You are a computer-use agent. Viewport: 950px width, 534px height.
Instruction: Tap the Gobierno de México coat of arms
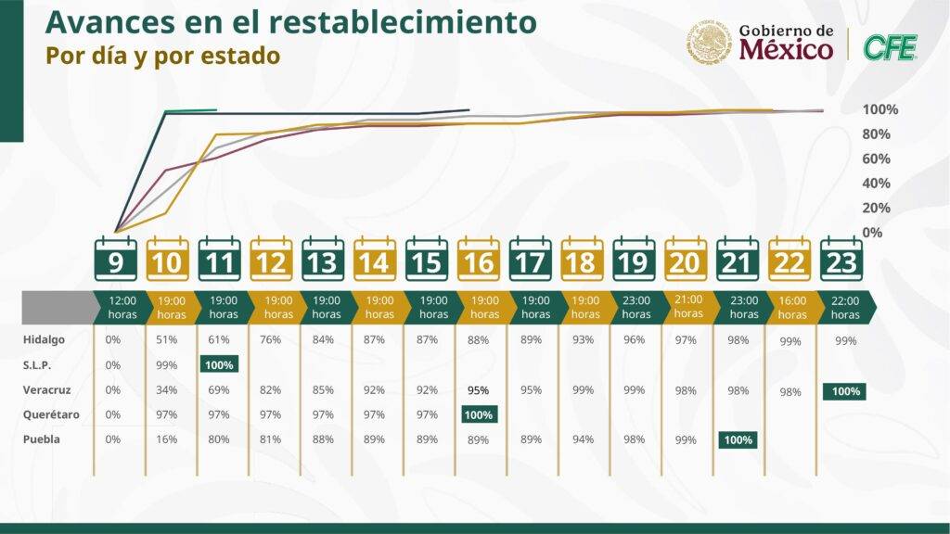coord(711,44)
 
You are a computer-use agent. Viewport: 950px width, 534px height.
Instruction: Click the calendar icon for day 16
coord(479,260)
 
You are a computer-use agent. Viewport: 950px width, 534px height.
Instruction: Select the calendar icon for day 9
coord(116,260)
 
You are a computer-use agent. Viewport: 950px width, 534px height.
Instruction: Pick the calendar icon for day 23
coord(841,260)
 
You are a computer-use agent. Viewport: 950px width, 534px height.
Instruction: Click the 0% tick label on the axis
coord(872,232)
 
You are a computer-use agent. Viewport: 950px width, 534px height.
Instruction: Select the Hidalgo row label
coord(44,340)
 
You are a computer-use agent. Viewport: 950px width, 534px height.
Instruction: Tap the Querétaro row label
coord(49,414)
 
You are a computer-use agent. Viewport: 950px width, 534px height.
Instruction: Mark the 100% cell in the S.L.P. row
coord(220,365)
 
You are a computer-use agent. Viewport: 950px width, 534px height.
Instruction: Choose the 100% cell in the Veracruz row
coord(845,391)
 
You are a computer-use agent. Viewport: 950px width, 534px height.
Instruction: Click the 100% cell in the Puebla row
coord(737,439)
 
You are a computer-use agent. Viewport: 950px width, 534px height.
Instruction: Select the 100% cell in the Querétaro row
coord(479,414)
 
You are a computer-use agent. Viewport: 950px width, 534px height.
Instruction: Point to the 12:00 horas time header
coord(122,307)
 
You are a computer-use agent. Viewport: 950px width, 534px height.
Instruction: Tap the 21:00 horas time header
coord(688,307)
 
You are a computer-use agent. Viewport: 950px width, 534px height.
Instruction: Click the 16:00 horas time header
coord(792,307)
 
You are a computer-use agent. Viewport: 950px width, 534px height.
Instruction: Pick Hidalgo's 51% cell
coord(168,340)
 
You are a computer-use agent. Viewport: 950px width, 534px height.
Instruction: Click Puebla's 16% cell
coord(168,439)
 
